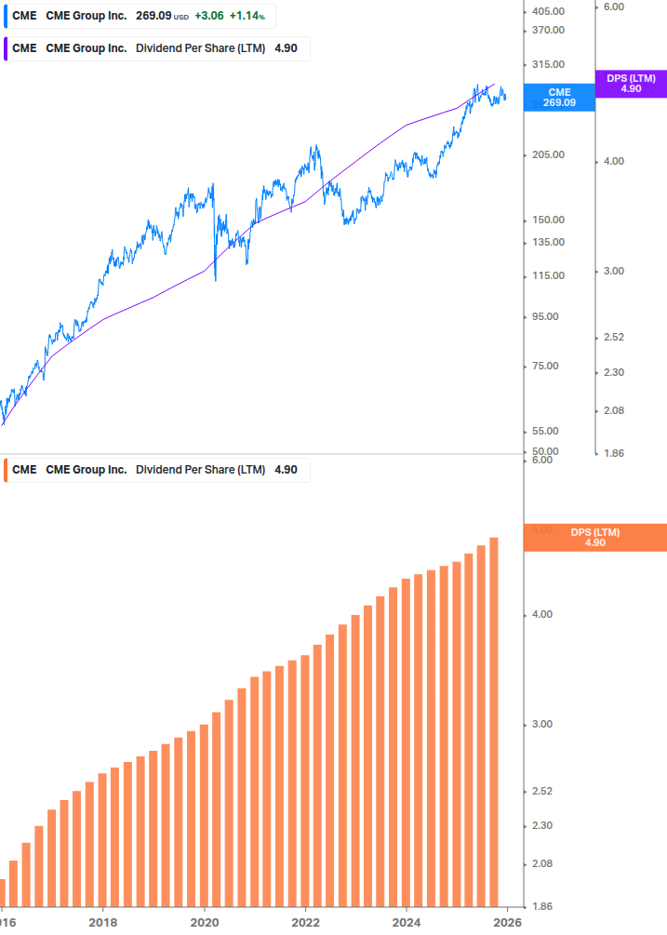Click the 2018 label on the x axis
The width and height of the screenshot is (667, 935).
click(x=102, y=923)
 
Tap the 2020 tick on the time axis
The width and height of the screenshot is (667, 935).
click(x=204, y=923)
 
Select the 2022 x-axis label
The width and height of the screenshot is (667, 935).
click(x=305, y=923)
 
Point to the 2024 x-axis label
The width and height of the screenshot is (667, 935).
click(x=407, y=923)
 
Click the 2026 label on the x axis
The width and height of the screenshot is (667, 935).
click(x=507, y=923)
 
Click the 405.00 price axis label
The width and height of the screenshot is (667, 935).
click(x=549, y=11)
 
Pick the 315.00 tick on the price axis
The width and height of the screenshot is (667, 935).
click(x=549, y=64)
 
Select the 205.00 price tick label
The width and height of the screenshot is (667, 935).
click(x=549, y=154)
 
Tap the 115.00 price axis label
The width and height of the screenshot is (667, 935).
click(x=549, y=275)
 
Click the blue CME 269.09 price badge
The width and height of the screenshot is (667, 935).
click(x=559, y=98)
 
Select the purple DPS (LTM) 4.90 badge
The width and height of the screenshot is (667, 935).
click(x=631, y=84)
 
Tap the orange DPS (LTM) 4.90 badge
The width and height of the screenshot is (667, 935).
click(x=595, y=538)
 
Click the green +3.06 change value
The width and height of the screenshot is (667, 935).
click(x=209, y=16)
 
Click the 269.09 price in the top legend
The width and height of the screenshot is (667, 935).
click(x=153, y=16)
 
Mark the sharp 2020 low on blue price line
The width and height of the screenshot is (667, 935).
click(x=215, y=279)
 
